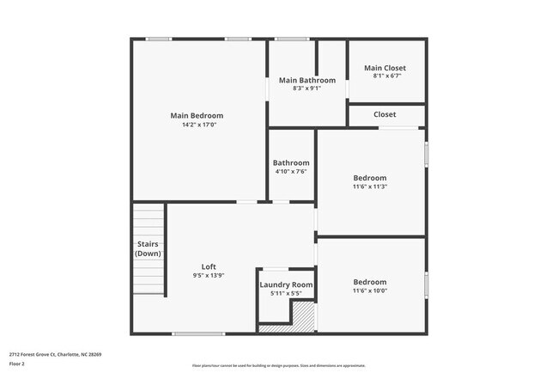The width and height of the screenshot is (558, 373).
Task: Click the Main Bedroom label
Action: tap(197, 116)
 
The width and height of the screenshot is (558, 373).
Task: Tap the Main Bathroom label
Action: tap(306, 80)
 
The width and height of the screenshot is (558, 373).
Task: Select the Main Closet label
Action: tap(385, 68)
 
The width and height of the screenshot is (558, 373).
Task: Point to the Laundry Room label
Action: tap(286, 284)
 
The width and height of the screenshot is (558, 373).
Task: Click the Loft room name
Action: tap(209, 266)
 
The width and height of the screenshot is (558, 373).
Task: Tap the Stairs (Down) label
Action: tap(148, 248)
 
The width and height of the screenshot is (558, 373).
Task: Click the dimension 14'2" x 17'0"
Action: tap(198, 125)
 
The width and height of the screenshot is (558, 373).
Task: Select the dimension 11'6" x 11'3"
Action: tap(370, 186)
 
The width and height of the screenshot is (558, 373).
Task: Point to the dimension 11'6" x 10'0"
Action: tap(370, 290)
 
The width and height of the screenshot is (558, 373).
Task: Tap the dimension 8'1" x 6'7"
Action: tap(387, 76)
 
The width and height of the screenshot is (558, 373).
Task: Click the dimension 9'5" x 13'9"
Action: tap(209, 275)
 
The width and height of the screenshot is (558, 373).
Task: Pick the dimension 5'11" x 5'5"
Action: tap(286, 293)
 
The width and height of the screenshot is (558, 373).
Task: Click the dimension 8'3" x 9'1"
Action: tap(306, 88)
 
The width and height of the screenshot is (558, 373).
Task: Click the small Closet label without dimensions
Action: tap(385, 114)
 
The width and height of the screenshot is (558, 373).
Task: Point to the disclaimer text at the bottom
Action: tap(278, 365)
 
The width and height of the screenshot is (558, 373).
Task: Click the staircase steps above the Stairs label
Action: tap(147, 219)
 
